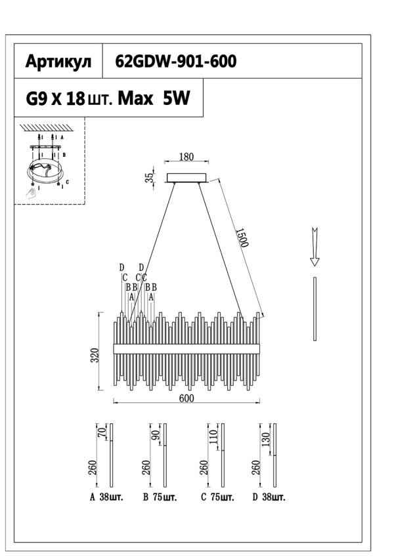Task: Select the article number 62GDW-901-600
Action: (x=175, y=62)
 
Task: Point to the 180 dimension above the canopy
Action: (x=186, y=157)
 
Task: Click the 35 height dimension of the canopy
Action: (x=150, y=177)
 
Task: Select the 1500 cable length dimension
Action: (x=241, y=238)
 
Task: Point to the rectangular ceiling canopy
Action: (x=187, y=177)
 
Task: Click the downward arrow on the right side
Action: (x=315, y=247)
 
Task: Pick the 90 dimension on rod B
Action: (x=156, y=436)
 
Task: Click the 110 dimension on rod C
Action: (x=213, y=439)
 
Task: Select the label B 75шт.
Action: (x=161, y=498)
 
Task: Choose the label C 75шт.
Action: (x=217, y=498)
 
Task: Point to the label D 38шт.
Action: (x=269, y=498)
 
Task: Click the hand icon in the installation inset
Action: (x=32, y=192)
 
